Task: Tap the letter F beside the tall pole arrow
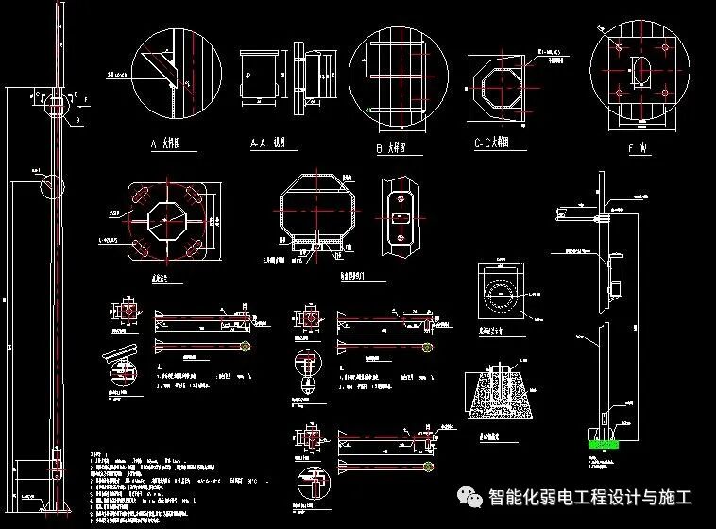point(87,97)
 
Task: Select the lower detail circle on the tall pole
point(52,186)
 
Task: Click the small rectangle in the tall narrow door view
point(401,216)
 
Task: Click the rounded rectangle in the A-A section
point(263,76)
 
